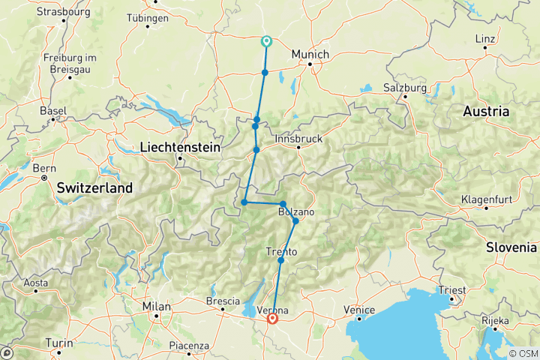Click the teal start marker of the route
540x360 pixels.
coord(265,42)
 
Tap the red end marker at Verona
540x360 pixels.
coord(272,319)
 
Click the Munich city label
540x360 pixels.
coord(311,55)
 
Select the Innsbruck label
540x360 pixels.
coord(298,139)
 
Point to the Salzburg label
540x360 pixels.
coord(405,88)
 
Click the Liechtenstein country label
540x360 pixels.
coord(180,148)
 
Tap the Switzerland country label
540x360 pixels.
coord(94,187)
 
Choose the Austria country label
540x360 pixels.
coord(486,111)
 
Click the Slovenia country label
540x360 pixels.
coord(511,247)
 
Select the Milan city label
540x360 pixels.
coord(157,306)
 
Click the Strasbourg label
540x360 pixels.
coord(64,12)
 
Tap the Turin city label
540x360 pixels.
coord(60,343)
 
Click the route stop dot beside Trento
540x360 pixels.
coord(280,260)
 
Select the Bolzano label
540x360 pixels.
coord(296,213)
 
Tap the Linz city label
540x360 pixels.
coord(485,38)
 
